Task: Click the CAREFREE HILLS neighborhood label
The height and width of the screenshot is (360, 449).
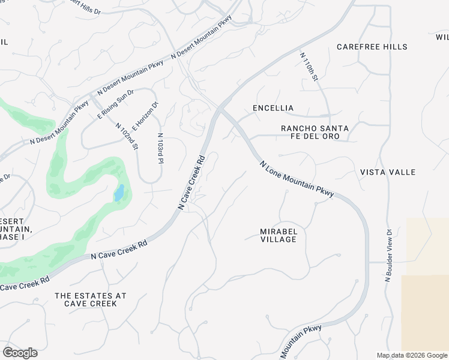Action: [x=372, y=47]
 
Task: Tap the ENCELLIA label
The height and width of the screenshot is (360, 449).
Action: [x=273, y=108]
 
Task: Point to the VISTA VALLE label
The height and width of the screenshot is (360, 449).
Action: [x=387, y=172]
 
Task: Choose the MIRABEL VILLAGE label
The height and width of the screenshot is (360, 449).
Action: [x=279, y=235]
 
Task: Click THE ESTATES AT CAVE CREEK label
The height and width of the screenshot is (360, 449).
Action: [x=90, y=299]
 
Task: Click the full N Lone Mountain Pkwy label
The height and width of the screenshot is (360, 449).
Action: [x=297, y=179]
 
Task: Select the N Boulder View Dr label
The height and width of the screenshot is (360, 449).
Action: [x=388, y=255]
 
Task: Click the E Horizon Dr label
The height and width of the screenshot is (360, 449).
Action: [x=145, y=116]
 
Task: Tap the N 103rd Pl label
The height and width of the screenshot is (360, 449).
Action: [x=160, y=148]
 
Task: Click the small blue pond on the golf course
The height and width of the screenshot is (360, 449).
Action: [x=119, y=193]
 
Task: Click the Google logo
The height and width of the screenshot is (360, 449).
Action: [x=20, y=353]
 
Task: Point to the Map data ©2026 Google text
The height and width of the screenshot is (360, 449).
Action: [x=412, y=355]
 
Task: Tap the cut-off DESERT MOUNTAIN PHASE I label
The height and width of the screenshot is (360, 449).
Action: [x=15, y=229]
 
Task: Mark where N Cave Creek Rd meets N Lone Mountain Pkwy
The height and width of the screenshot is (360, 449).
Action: [x=220, y=110]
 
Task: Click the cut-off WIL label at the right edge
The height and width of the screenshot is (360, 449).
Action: [x=442, y=37]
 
